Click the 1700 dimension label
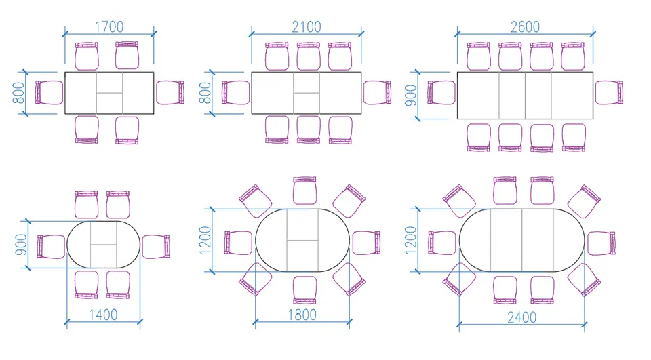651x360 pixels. [x=109, y=27]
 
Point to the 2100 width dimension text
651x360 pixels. [x=307, y=27]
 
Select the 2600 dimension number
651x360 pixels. [x=525, y=27]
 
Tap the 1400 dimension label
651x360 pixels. [x=103, y=315]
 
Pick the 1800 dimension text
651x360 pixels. [x=302, y=315]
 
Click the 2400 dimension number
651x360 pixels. [x=522, y=318]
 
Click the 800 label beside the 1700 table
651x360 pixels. [x=19, y=93]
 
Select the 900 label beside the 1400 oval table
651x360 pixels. [x=21, y=245]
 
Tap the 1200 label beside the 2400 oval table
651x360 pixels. [x=411, y=240]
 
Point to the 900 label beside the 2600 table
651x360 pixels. [x=411, y=95]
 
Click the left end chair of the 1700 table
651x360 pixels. [x=49, y=92]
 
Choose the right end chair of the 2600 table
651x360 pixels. [x=609, y=92]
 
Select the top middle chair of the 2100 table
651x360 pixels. [x=309, y=56]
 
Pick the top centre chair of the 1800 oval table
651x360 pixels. [x=304, y=191]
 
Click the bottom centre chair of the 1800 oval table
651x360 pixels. [x=304, y=289]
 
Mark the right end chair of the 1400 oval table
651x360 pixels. [x=156, y=247]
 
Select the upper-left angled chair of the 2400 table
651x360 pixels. [x=459, y=201]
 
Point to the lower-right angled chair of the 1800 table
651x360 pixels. [x=349, y=279]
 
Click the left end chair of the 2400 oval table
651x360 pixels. [x=442, y=243]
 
